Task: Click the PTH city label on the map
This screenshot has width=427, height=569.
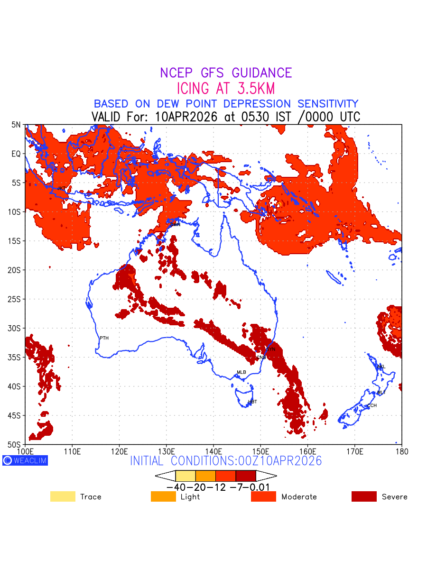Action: coord(104,338)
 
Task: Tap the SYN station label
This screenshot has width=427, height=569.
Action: coord(271,349)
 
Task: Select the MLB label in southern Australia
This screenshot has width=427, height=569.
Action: coord(241,372)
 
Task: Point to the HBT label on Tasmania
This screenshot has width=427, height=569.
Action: coord(252,402)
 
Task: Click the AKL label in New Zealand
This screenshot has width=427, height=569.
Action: coord(381,367)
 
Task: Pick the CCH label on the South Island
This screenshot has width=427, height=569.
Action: coord(371,406)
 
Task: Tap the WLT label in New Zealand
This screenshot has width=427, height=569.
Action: coord(381,393)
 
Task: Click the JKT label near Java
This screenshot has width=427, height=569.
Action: coord(61,189)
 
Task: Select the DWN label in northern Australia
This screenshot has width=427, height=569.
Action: coord(175,225)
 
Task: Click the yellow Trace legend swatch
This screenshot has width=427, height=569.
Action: coord(63,496)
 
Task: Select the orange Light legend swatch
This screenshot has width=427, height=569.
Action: coord(163,496)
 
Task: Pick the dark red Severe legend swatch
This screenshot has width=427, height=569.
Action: coord(364,496)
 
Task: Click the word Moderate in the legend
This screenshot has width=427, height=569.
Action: coord(299,497)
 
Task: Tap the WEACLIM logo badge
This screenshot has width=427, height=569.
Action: coord(25,460)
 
